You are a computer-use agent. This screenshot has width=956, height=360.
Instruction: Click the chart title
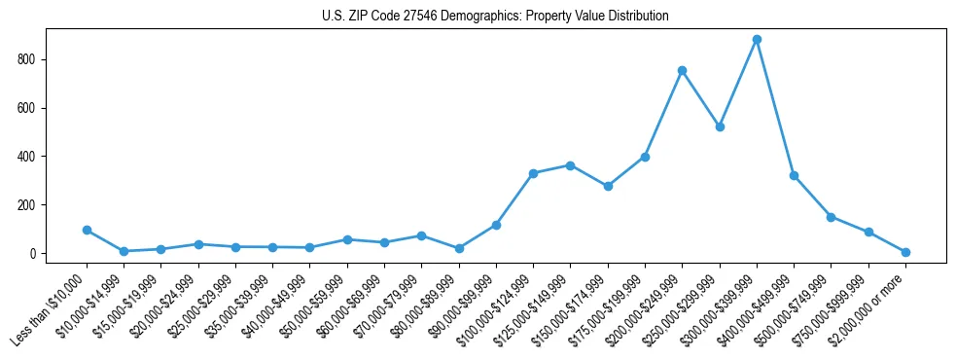click(x=495, y=17)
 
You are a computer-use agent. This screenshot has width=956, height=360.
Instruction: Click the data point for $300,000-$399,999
click(x=757, y=40)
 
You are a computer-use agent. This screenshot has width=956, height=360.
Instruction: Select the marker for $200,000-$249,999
click(x=683, y=70)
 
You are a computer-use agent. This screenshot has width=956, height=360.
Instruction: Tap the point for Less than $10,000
click(x=87, y=231)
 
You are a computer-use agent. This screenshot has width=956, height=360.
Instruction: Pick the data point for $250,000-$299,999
click(x=720, y=127)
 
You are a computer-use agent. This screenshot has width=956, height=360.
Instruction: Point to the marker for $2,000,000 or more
click(x=905, y=252)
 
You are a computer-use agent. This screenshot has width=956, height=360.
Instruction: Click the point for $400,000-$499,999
click(x=795, y=176)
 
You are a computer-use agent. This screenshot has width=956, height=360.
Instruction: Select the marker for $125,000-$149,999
click(x=571, y=165)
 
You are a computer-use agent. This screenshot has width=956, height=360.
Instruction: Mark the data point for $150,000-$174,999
click(x=608, y=186)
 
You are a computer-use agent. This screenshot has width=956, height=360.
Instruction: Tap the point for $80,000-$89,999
click(x=459, y=248)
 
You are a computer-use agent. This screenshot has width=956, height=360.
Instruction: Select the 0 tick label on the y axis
click(x=32, y=254)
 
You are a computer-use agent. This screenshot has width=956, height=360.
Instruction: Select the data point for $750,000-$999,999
click(x=868, y=233)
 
